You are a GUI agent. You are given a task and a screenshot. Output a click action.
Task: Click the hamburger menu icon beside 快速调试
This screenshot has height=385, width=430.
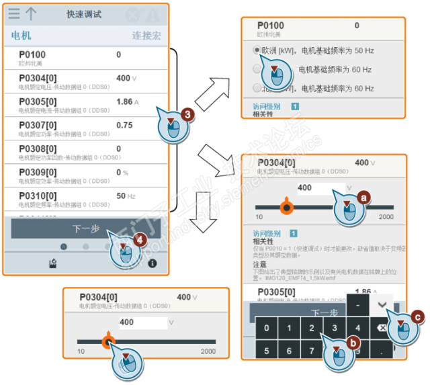click(14, 13)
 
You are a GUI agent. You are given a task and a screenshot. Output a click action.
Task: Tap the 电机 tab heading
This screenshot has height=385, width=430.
click(21, 36)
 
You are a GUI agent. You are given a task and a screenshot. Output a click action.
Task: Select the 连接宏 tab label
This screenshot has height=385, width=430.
click(146, 36)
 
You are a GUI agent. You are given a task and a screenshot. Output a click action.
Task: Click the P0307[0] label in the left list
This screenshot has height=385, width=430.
click(38, 125)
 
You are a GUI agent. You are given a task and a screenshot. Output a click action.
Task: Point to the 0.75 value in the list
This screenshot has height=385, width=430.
click(124, 125)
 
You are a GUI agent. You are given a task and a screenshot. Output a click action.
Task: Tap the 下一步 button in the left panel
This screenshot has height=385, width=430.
click(85, 228)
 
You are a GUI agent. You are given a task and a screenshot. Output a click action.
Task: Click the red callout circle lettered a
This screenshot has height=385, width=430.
click(364, 198)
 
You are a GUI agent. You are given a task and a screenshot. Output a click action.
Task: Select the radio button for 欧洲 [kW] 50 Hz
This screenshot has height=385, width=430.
click(257, 50)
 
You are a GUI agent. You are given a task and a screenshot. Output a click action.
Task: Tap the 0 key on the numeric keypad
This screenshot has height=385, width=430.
click(267, 328)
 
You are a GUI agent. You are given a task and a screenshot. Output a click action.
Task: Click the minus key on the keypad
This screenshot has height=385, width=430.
click(358, 304)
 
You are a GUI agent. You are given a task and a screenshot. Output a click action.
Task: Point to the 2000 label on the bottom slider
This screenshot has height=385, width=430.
click(208, 351)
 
